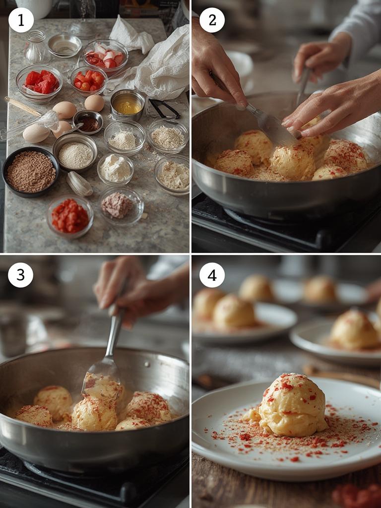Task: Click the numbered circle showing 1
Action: pyautogui.click(x=21, y=20)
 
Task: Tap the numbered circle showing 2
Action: pyautogui.click(x=212, y=20)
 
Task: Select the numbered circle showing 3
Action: pyautogui.click(x=21, y=275)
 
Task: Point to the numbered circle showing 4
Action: pyautogui.click(x=212, y=275)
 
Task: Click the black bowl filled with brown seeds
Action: pyautogui.click(x=31, y=172)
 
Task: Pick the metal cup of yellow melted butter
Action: pyautogui.click(x=127, y=105)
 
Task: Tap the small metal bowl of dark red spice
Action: pyautogui.click(x=88, y=122)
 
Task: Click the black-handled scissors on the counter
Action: pyautogui.click(x=164, y=109)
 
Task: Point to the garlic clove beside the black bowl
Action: pyautogui.click(x=79, y=184)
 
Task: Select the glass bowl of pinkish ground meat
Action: pyautogui.click(x=121, y=206)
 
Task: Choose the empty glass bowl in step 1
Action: pyautogui.click(x=65, y=46)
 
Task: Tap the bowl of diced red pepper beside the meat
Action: pyautogui.click(x=70, y=216)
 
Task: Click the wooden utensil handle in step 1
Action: pyautogui.click(x=23, y=106)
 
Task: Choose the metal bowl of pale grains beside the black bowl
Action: pyautogui.click(x=75, y=152)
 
